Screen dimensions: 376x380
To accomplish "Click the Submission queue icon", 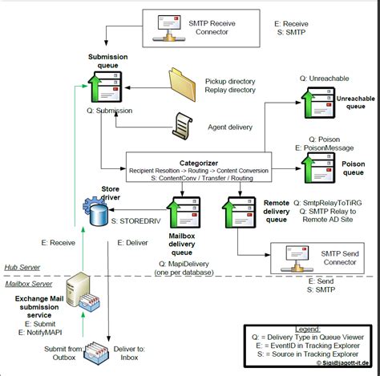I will coord(101,87).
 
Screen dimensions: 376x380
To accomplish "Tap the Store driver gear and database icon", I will coord(96,213).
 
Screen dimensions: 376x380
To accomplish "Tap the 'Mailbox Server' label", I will coord(30,284).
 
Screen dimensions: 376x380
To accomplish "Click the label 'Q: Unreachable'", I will coord(325,78).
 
